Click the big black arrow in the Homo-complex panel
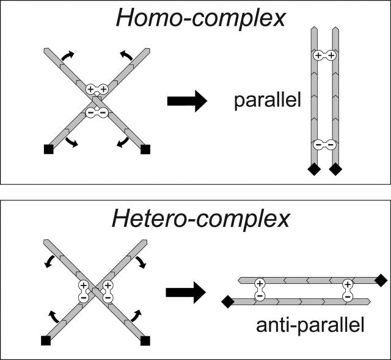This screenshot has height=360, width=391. tap(186, 103)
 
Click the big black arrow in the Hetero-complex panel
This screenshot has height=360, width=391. tap(186, 293)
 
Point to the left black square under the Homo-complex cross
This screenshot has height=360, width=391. tap(49, 148)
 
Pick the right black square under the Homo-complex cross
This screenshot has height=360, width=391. tap(145, 148)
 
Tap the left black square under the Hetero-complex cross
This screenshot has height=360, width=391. tap(45, 339)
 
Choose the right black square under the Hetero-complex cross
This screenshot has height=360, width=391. tap(145, 339)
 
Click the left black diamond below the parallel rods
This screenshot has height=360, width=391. tap(313, 170)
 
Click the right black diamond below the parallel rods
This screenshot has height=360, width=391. tap(335, 170)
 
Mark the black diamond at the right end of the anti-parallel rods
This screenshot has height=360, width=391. tap(381, 280)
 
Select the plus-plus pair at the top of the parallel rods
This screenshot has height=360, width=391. tap(324, 56)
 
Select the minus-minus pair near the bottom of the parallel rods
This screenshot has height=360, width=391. tap(324, 145)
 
